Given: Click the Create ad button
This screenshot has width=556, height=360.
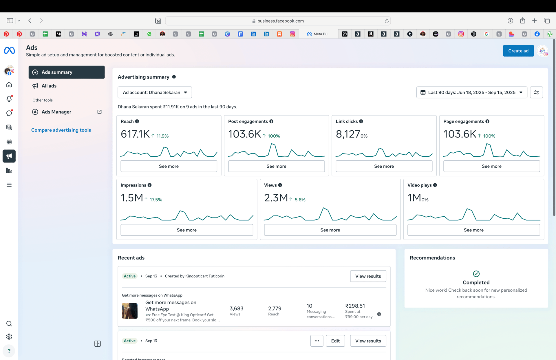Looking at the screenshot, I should click(x=518, y=51).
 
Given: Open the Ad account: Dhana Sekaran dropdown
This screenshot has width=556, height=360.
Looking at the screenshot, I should click(x=155, y=92).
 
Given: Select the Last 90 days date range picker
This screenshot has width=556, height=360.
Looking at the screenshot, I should click(x=471, y=92).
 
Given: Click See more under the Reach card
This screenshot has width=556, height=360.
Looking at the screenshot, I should click(x=169, y=166).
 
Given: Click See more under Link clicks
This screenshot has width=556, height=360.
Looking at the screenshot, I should click(x=384, y=166).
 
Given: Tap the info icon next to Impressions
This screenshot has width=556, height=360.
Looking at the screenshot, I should click(x=149, y=185).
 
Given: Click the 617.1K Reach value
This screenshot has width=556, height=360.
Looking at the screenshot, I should click(x=135, y=134).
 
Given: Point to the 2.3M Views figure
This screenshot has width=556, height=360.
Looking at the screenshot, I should click(x=276, y=198).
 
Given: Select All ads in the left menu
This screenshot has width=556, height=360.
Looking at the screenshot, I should click(x=49, y=86).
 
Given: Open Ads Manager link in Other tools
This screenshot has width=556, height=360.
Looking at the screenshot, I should click(x=56, y=112).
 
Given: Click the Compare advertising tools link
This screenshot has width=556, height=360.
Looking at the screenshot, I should click(x=61, y=130).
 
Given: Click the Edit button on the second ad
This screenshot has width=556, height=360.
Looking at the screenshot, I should click(x=335, y=341).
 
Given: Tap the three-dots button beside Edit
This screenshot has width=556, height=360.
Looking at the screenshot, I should click(x=317, y=341).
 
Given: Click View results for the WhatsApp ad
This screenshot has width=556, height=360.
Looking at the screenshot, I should click(x=368, y=276).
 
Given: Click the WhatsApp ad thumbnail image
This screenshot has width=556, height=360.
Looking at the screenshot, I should click(x=129, y=311).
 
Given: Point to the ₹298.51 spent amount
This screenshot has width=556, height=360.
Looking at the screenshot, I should click(x=355, y=306).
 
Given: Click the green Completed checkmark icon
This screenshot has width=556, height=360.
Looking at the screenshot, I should click(x=476, y=274).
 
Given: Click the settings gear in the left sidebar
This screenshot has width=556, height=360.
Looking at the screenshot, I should click(x=9, y=337).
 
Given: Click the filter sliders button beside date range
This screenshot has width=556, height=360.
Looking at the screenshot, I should click(x=536, y=92).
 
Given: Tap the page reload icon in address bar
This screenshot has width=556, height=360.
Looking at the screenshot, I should click(x=386, y=21).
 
